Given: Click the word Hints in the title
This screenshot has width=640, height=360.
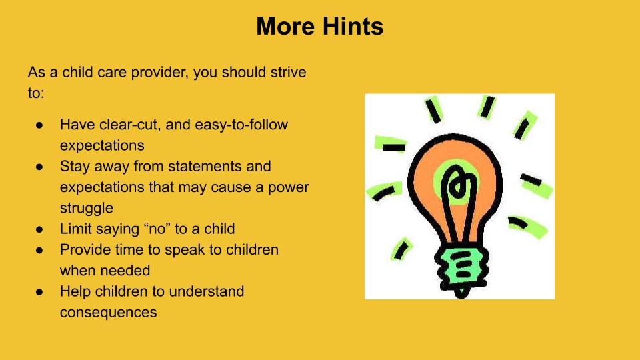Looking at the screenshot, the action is [353, 27].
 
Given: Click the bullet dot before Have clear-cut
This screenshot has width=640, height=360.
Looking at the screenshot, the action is [39, 125].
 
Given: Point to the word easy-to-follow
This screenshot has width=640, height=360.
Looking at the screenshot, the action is [241, 125].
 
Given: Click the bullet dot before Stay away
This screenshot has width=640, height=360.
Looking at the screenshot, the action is [39, 167].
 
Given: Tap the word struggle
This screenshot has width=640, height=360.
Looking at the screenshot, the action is [87, 209].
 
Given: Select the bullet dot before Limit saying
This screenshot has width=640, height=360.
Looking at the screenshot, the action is [39, 229].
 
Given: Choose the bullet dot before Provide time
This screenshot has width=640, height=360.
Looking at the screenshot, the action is [39, 250].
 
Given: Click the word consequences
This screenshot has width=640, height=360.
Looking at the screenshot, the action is [108, 313].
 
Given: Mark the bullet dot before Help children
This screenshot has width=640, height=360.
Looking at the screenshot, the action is [39, 291].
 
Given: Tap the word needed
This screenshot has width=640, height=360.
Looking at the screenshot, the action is [126, 271].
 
